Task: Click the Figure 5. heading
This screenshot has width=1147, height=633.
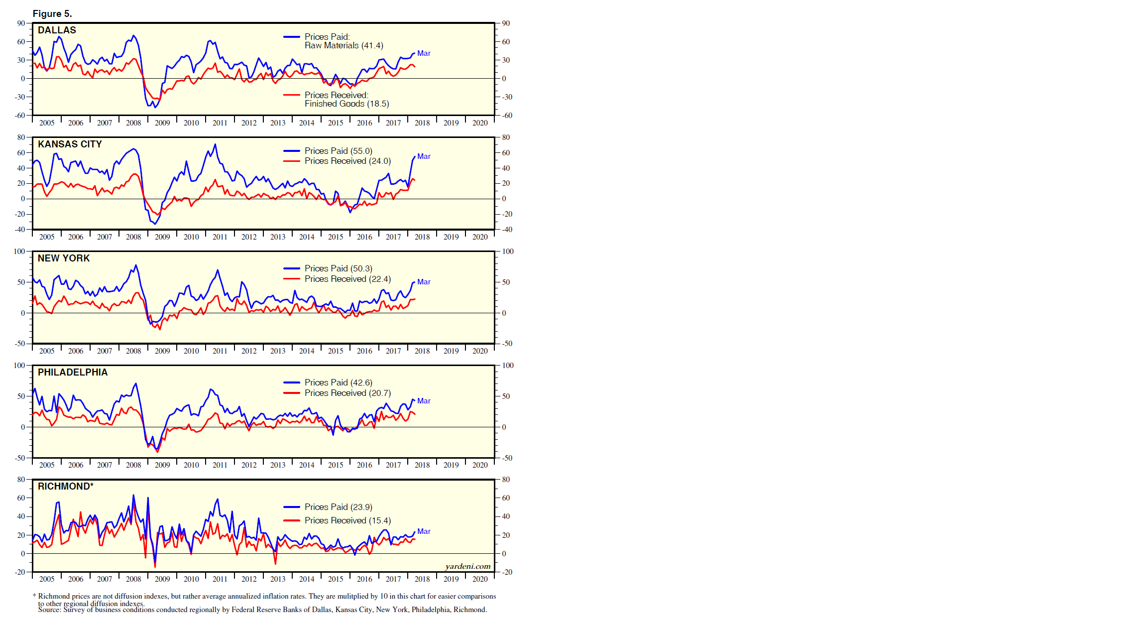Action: point(52,14)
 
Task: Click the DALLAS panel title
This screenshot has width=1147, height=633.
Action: point(57,30)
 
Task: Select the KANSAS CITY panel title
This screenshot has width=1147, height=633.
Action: point(70,144)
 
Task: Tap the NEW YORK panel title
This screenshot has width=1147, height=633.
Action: point(64,258)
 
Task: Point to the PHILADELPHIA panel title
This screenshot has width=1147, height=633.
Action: point(73,373)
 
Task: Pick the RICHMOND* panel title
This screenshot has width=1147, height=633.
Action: point(66,487)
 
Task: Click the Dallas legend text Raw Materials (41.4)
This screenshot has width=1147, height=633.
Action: point(344,46)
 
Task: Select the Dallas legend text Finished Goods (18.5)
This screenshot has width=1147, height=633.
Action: point(346,104)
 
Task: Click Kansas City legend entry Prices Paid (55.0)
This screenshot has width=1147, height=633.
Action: point(338,151)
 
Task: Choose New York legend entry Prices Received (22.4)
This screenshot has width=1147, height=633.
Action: point(347,279)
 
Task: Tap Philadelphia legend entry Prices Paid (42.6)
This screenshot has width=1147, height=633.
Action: point(338,382)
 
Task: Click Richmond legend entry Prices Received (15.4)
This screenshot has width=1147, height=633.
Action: point(347,520)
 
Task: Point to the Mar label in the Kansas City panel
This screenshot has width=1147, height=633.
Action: point(424,156)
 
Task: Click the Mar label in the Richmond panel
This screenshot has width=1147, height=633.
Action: point(424,531)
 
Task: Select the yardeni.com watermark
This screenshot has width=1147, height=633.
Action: point(467,566)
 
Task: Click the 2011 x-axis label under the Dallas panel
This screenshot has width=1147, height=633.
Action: point(220,123)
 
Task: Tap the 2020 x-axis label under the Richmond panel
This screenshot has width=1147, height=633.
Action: point(480,579)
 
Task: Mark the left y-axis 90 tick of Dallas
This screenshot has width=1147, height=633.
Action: point(21,23)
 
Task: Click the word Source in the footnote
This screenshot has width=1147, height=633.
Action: point(50,610)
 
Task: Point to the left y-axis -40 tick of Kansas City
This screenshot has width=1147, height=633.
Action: point(19,230)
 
